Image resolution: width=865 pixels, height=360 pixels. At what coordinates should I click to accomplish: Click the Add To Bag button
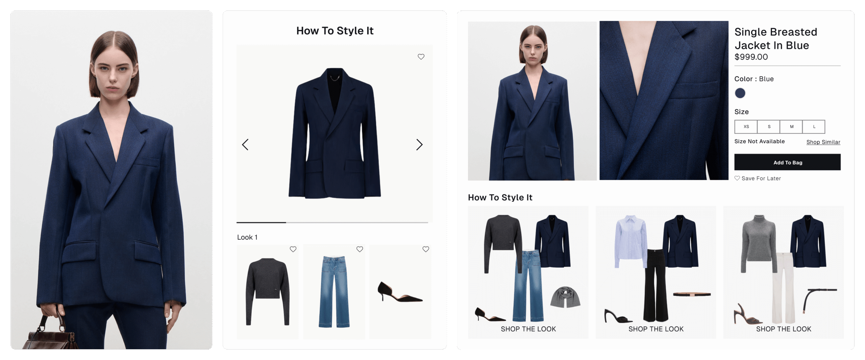click(x=787, y=162)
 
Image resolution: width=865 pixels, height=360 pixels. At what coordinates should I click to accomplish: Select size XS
click(x=746, y=127)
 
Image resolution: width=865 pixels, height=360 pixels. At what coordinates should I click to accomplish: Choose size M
click(x=791, y=127)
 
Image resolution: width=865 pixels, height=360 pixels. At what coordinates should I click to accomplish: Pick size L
click(x=814, y=127)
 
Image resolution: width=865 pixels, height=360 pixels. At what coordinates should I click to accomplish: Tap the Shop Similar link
click(x=823, y=142)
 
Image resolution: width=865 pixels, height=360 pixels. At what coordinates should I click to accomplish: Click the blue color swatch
click(x=740, y=93)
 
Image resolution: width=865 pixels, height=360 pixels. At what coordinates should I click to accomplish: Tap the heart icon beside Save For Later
click(x=737, y=178)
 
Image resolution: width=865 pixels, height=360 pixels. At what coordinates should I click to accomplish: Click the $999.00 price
click(x=751, y=57)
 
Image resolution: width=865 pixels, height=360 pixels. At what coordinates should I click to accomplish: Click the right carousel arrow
click(x=419, y=145)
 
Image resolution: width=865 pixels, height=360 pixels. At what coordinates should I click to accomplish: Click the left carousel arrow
click(x=245, y=145)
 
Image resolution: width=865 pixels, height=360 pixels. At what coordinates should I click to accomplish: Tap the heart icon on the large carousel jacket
click(x=421, y=57)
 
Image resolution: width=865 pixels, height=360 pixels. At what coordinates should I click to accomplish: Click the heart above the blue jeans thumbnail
click(x=360, y=249)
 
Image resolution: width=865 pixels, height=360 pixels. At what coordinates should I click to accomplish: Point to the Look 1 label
click(x=247, y=237)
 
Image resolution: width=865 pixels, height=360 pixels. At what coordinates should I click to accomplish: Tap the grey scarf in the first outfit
click(x=565, y=297)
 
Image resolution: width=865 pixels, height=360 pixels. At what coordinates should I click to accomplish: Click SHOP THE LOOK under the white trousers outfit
click(x=784, y=329)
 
